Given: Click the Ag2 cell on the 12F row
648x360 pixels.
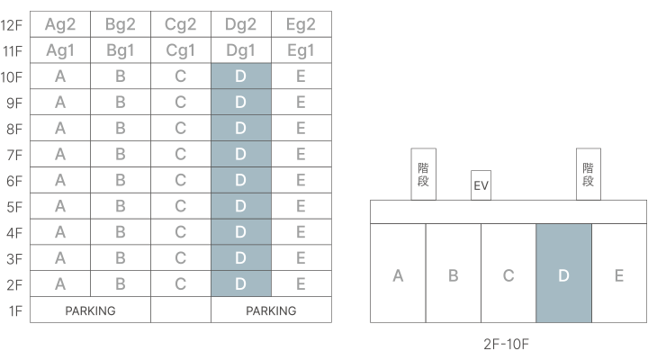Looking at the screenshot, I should coord(60,24).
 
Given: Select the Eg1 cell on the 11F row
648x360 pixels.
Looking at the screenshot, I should coord(301,50).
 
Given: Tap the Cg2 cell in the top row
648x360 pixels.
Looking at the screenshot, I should coord(181,24).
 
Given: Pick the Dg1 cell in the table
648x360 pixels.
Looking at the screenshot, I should coord(240,50).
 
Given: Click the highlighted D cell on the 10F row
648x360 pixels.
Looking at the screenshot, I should coord(240,76).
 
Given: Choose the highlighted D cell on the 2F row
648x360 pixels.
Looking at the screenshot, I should coord(240,284).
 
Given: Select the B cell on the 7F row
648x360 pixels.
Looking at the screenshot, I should coord(121,155).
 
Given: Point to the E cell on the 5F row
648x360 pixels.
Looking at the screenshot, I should coord(301,206).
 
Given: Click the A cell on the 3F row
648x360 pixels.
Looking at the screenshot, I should coord(60,258).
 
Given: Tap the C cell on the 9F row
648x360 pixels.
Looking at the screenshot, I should coord(181,103).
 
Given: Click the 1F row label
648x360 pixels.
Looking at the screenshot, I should coord(15,310).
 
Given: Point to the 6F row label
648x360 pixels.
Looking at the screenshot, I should coord(15,181).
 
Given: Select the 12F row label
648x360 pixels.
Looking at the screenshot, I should coord(15,24).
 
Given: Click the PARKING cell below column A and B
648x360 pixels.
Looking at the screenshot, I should coord(90,310).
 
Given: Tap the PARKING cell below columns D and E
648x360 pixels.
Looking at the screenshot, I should coord(271,310).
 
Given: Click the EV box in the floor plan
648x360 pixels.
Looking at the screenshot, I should coord(481,186).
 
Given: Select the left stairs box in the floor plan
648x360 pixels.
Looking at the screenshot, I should coord(424,174).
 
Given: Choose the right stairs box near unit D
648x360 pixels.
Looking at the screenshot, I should coord(589,174).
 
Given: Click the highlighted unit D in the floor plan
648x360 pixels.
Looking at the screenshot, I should coord(563,274).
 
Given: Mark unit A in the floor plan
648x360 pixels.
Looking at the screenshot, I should coord(398,274).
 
